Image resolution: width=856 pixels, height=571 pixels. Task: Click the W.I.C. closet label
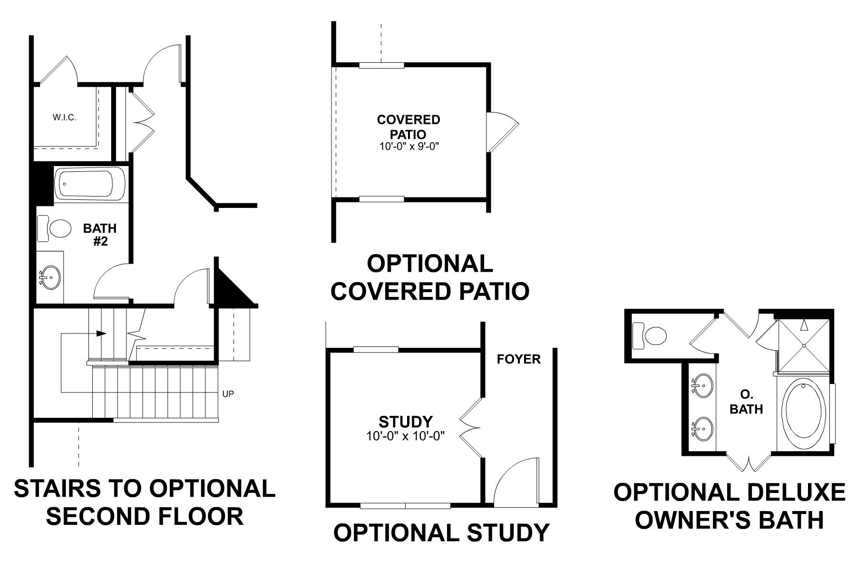64,118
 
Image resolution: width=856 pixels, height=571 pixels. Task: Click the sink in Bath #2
50,276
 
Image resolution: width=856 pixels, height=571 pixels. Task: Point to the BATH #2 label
100,235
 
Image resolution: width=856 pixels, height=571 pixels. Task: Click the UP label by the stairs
228,394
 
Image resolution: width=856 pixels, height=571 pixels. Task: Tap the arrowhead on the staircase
101,334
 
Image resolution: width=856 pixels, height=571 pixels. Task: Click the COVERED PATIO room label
409,127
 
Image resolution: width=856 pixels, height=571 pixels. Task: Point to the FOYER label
519,359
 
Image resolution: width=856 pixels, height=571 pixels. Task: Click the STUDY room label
406,422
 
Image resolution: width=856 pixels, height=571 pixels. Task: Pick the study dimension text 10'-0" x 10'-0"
405,436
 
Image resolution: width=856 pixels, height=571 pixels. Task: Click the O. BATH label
746,402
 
